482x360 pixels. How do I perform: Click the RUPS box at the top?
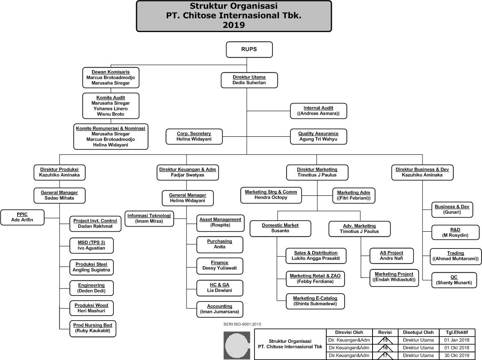pos(249,50)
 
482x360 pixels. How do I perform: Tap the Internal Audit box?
pos(318,111)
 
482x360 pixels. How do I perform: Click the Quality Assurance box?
pos(318,136)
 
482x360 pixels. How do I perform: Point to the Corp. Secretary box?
pos(194,136)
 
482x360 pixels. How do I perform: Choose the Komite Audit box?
pos(110,106)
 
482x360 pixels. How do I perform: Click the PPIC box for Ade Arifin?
pos(22,217)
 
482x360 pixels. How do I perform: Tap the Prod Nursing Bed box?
pos(93,328)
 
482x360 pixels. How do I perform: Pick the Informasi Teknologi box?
pos(149,218)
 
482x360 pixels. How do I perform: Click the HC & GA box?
pos(220,287)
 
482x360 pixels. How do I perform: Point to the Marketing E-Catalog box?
pos(315,301)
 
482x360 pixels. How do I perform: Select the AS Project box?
pos(391,256)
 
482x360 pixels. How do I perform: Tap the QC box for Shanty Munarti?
pos(454,280)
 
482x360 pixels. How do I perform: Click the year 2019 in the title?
pos(234,25)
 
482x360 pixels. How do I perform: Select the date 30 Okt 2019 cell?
pos(456,355)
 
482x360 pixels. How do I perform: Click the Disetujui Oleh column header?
pos(418,333)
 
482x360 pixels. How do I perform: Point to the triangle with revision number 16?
pos(384,348)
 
